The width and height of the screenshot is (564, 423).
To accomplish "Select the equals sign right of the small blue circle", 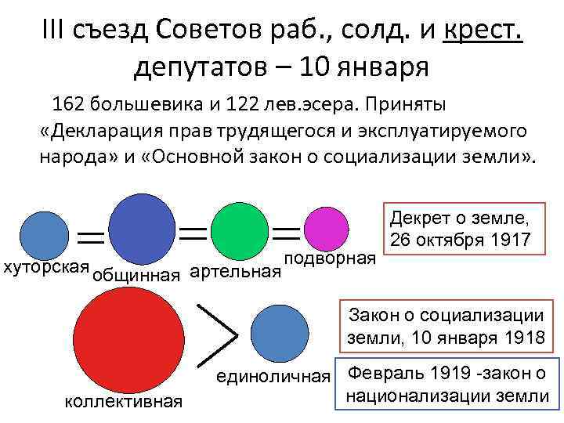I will click(92, 235).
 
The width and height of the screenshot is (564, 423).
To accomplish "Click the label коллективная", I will click(124, 402).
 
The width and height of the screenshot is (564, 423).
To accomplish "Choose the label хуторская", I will click(45, 267).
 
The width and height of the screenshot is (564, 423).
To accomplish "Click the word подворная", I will click(329, 259).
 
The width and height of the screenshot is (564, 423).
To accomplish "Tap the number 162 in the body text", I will click(69, 103).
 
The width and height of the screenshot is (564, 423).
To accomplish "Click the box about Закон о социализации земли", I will click(446, 327).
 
